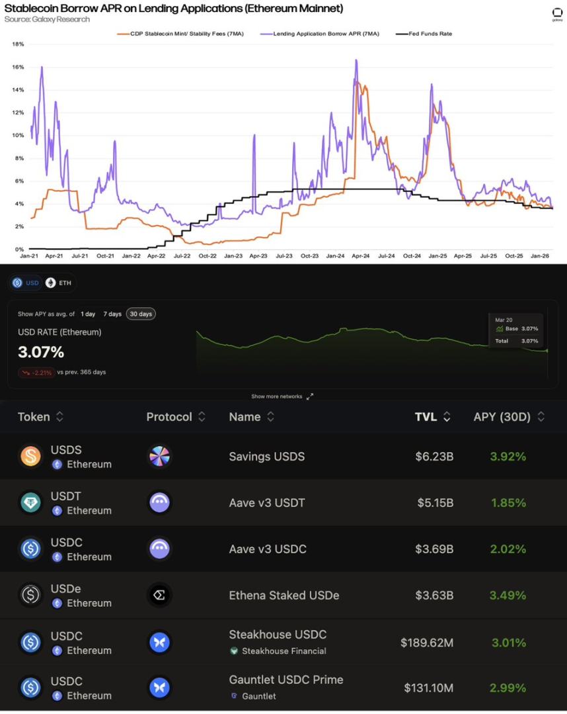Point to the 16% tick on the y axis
[19, 67]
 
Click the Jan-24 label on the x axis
[335, 255]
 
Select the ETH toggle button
[59, 283]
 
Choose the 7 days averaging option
[112, 314]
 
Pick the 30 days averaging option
[141, 314]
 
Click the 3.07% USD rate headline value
[41, 351]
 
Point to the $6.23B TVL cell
[434, 457]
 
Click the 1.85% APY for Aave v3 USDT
[508, 503]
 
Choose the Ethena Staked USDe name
[284, 595]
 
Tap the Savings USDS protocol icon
[159, 457]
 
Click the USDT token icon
[30, 503]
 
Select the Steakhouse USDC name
[278, 635]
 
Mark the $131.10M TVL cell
[428, 688]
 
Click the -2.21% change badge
[37, 373]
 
